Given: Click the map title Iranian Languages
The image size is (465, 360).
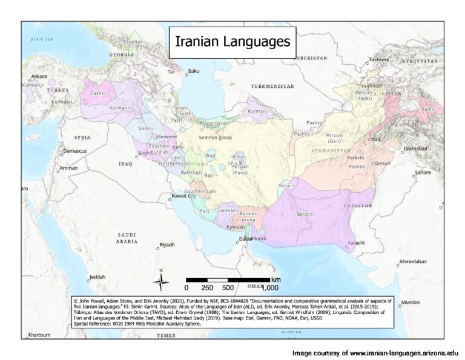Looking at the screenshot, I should tap(232, 42).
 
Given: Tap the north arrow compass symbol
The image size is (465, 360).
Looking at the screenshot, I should tap(160, 279).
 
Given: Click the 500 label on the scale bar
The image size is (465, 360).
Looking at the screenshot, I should tap(228, 287).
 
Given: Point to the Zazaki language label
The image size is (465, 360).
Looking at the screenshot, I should tap(97, 94).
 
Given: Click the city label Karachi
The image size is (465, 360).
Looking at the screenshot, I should tap(356, 243).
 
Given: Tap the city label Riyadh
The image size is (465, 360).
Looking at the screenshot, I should tap(166, 245).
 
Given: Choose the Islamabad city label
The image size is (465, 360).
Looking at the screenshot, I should tap(415, 148).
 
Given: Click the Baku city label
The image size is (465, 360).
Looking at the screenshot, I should tap(194, 71).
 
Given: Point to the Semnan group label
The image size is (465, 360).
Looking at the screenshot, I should tap(216, 138).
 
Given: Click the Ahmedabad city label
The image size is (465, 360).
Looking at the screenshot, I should tap(412, 261).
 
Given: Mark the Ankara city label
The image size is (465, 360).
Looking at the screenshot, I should tap(39, 77).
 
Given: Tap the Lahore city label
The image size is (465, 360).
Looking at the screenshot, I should tap(423, 172).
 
